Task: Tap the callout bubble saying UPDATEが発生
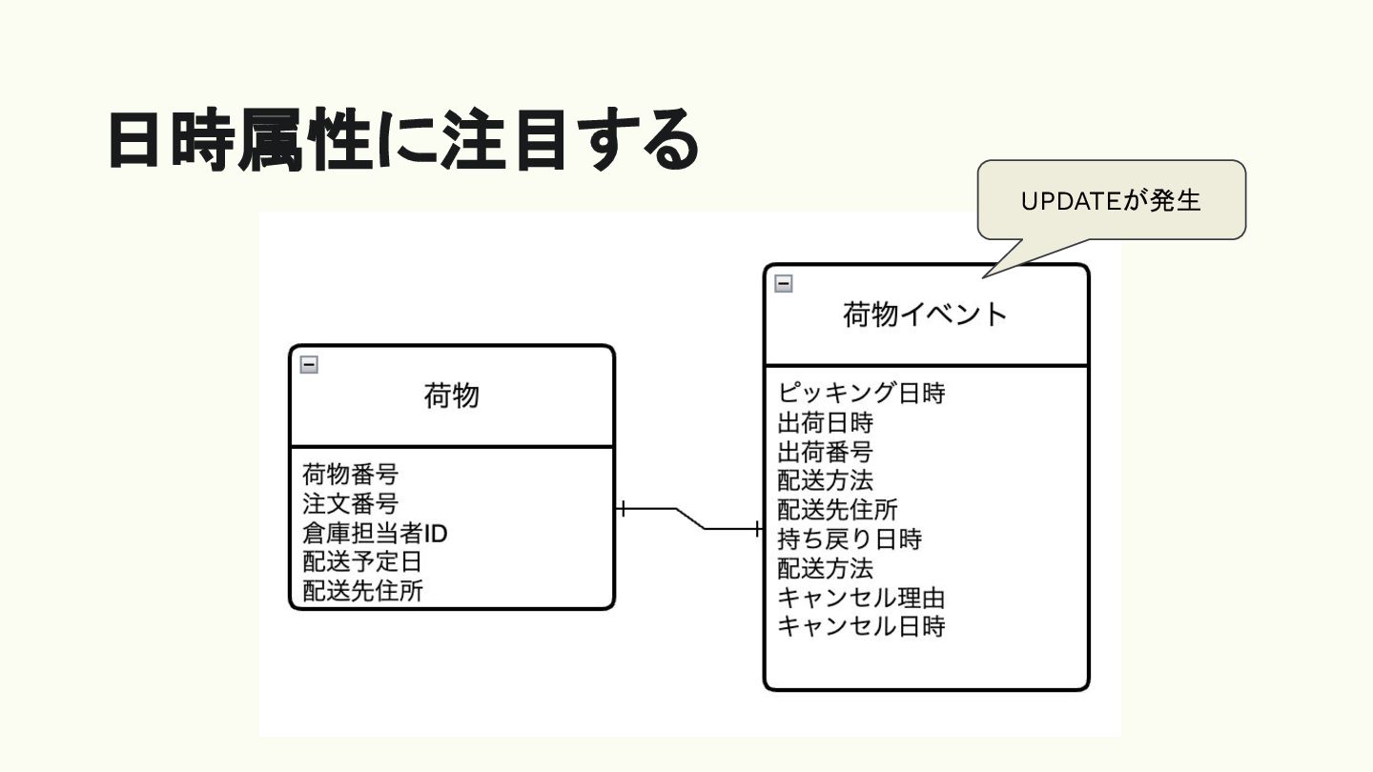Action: pos(1111,200)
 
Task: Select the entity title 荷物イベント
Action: pos(925,315)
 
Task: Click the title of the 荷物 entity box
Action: pos(451,396)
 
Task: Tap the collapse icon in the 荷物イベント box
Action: pos(783,283)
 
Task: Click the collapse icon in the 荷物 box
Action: pos(309,364)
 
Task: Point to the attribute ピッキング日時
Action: pos(861,392)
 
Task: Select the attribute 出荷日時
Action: pos(825,421)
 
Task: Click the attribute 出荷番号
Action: pos(825,451)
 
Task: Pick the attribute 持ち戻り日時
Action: pos(850,539)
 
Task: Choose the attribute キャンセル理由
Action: pos(861,599)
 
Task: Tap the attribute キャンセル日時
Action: pos(861,627)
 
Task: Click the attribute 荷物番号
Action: pos(350,474)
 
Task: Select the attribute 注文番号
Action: pos(350,503)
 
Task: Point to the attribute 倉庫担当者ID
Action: pos(375,533)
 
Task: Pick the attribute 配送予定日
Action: pos(362,562)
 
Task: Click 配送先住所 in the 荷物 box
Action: pos(362,591)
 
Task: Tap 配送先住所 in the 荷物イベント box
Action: pos(837,510)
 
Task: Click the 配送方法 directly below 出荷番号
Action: pos(825,480)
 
